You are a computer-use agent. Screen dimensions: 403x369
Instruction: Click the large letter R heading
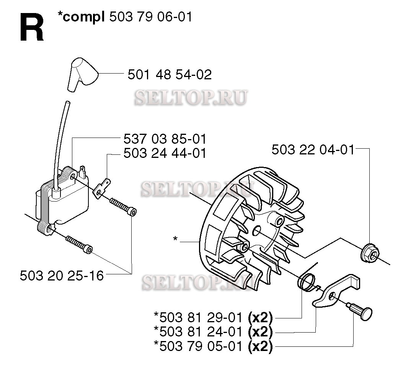click(32, 28)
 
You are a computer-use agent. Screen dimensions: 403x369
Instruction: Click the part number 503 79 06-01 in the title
click(151, 17)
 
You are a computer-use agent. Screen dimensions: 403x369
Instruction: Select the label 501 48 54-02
click(170, 75)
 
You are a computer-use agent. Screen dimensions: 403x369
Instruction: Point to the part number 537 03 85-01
click(165, 139)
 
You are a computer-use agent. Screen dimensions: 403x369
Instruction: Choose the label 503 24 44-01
click(165, 153)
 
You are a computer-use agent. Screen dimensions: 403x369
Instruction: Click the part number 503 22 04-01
click(313, 150)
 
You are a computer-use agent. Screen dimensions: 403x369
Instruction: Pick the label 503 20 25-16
click(62, 276)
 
